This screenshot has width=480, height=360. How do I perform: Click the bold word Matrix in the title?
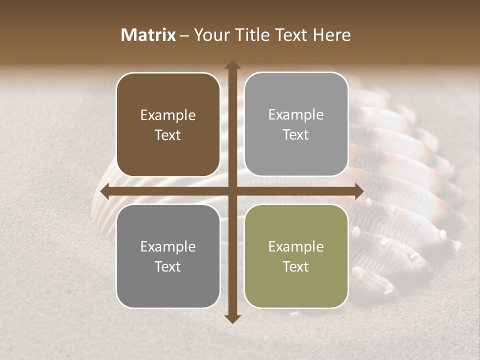(x=148, y=35)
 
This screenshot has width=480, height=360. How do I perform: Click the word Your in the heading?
(x=212, y=35)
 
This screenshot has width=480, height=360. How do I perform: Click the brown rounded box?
(x=168, y=125)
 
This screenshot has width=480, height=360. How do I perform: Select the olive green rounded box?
(x=296, y=256)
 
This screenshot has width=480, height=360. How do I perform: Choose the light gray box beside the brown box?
(x=296, y=124)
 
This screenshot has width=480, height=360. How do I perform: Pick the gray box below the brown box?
(x=168, y=256)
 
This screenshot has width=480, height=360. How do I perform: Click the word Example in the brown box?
(x=168, y=115)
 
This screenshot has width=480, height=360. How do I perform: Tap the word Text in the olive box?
(x=296, y=266)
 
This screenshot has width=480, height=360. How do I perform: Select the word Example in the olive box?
(x=296, y=246)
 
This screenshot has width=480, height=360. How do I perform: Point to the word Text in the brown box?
(x=168, y=135)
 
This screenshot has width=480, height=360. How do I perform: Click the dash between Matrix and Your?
(x=184, y=35)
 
